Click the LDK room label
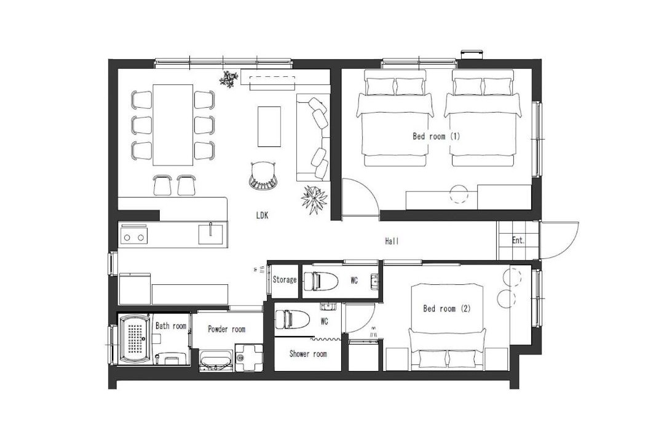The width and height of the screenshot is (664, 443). pyautogui.click(x=262, y=215)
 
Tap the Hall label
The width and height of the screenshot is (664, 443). pyautogui.click(x=392, y=241)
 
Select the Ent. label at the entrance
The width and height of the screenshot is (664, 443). pyautogui.click(x=518, y=241)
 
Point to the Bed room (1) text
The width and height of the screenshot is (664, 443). pyautogui.click(x=436, y=137)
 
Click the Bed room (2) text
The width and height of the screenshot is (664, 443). pyautogui.click(x=447, y=309)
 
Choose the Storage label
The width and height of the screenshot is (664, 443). pyautogui.click(x=285, y=280)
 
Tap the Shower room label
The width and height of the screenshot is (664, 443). pyautogui.click(x=308, y=354)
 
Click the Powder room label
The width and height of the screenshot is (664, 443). pyautogui.click(x=226, y=329)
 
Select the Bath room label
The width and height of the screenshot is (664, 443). pyautogui.click(x=171, y=326)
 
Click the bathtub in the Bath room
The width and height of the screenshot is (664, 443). pyautogui.click(x=135, y=339)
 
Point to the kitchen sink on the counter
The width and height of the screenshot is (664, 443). pyautogui.click(x=210, y=234)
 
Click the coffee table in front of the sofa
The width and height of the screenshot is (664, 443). pyautogui.click(x=269, y=127)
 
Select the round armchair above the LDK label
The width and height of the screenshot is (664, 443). pyautogui.click(x=263, y=175)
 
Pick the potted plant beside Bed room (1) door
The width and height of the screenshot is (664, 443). pyautogui.click(x=314, y=199)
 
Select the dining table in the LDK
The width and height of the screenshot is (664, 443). pyautogui.click(x=173, y=125)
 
